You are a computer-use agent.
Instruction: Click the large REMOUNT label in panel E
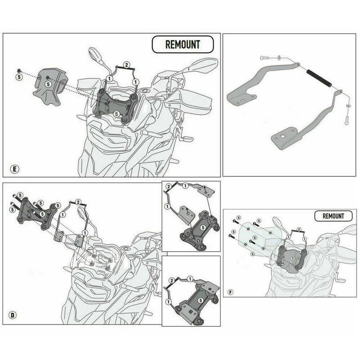[x=183, y=45]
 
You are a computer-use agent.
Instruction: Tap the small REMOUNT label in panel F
[x=333, y=216]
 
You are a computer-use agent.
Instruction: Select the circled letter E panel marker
[x=14, y=169]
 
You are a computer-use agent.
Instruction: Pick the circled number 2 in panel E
[x=127, y=65]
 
